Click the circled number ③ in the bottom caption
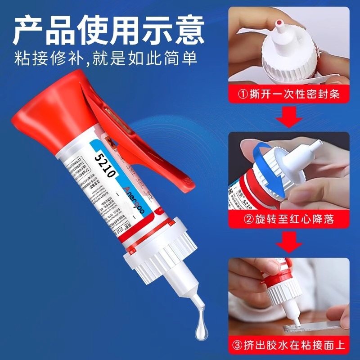tap(237, 346)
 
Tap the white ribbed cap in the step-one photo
tap(288, 63)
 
